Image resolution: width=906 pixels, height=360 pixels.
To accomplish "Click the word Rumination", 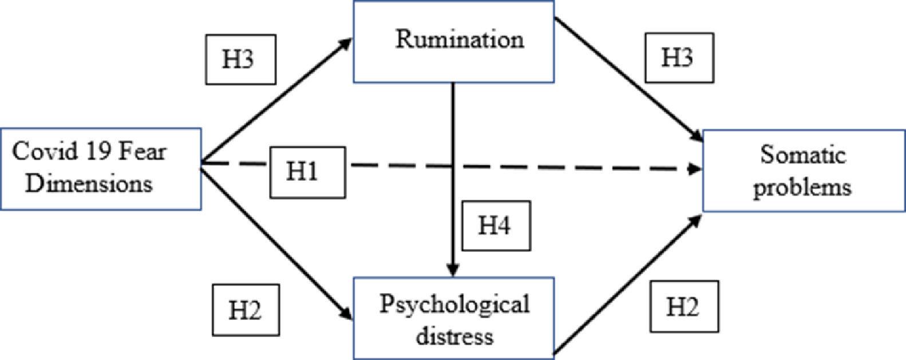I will [x=460, y=39].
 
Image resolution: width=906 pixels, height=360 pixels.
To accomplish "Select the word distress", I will [x=454, y=335].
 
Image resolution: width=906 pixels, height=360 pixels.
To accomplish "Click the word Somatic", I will [x=802, y=155].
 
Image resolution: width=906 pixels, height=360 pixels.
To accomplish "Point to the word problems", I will [x=802, y=187].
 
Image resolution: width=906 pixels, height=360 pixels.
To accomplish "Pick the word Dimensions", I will [x=89, y=184].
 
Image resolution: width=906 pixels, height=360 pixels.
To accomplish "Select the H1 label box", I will [x=307, y=172].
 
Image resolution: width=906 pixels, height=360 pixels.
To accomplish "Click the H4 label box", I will [x=496, y=226].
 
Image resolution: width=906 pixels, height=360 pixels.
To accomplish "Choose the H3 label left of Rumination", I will [x=240, y=60].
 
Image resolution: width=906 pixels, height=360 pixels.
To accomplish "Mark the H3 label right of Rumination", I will [x=679, y=57].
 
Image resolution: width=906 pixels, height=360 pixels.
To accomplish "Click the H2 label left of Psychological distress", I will [x=246, y=310].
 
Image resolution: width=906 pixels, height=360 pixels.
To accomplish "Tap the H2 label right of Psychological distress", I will [x=683, y=307].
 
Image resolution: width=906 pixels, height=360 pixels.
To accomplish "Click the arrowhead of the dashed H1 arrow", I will [x=696, y=169].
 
